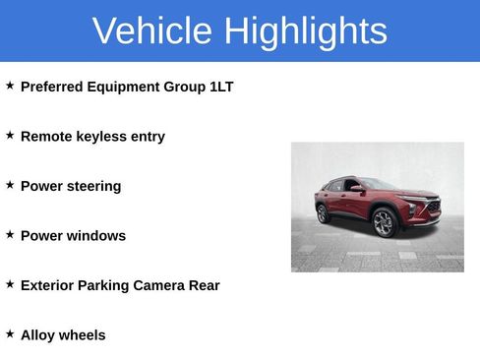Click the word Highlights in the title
(305, 31)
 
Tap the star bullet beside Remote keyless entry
(10, 136)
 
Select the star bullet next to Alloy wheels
(10, 334)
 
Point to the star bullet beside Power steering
(10, 185)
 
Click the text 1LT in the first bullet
(221, 87)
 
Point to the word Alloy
(37, 335)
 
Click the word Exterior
(50, 285)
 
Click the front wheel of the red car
(384, 223)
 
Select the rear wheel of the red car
(323, 213)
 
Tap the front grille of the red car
(431, 208)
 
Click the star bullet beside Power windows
(10, 235)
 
